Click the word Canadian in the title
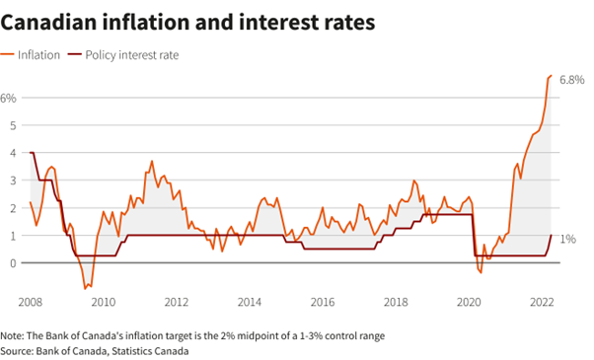tap(48, 22)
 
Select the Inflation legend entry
tap(31, 55)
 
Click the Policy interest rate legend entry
tap(123, 55)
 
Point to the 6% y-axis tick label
tap(8, 98)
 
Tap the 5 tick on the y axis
tap(13, 125)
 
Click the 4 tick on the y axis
tap(13, 153)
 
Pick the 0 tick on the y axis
tap(13, 263)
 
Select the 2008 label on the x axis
tap(31, 302)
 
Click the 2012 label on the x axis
tap(177, 302)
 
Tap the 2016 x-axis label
tap(323, 302)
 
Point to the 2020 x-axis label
tap(469, 302)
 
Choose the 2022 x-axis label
tap(542, 302)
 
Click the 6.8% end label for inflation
tap(572, 80)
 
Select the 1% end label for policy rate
tap(568, 239)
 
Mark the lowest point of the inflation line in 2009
tap(85, 289)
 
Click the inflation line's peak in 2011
tap(152, 161)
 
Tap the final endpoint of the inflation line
tap(552, 76)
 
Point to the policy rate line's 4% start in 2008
tap(31, 153)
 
